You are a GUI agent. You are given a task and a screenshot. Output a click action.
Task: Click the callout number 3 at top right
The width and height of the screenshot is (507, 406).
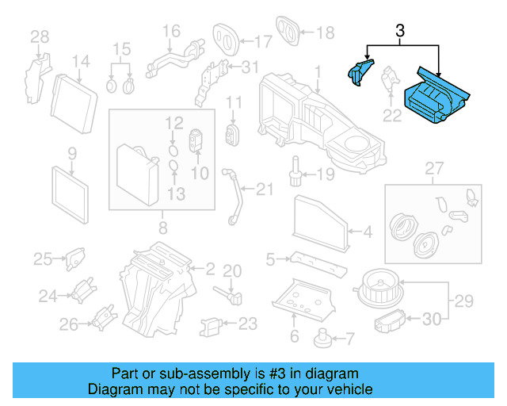(400, 32)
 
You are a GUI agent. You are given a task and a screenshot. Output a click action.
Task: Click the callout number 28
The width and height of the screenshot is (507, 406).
(39, 36)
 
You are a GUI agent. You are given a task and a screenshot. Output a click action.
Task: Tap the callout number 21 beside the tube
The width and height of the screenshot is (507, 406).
(264, 188)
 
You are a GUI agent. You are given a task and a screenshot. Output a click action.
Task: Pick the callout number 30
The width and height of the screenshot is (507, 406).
(430, 319)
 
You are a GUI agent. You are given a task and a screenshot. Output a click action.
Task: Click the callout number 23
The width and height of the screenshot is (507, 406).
(248, 323)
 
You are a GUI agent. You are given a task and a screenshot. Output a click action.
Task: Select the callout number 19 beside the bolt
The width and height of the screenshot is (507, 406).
(326, 174)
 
